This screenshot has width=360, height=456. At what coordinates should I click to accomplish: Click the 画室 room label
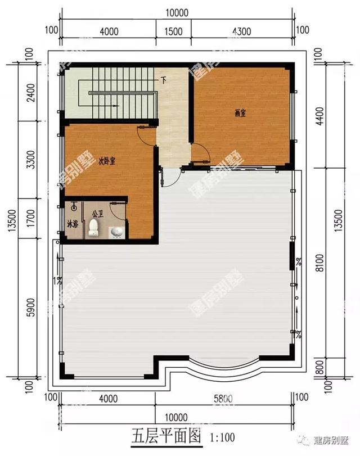point(240,112)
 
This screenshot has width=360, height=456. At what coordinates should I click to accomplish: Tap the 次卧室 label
point(107,162)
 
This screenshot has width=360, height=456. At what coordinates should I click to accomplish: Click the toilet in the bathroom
point(94,228)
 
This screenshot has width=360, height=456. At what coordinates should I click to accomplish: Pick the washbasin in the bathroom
point(116,232)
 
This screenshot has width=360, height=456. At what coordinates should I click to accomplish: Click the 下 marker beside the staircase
point(164,79)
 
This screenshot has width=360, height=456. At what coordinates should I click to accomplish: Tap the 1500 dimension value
point(174,31)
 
